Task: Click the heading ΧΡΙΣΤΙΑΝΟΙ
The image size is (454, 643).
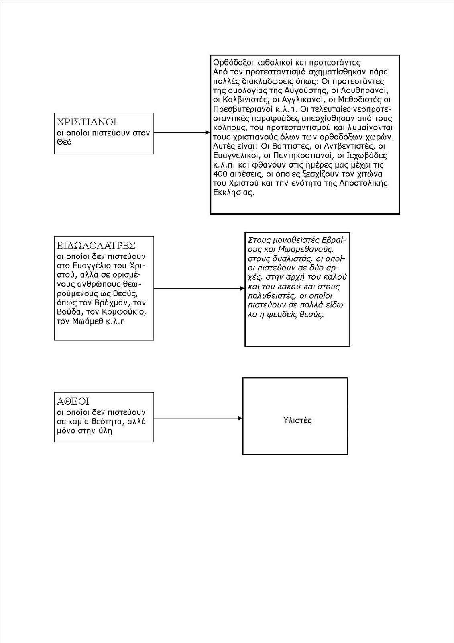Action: tap(87, 122)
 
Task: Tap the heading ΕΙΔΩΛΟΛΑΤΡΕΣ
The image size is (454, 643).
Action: tap(96, 245)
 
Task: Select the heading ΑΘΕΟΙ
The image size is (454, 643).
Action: tap(73, 401)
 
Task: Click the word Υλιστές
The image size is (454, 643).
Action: tap(297, 421)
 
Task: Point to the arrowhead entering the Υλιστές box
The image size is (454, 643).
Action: tap(240, 418)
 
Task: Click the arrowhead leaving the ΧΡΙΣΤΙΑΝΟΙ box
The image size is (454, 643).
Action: tap(208, 132)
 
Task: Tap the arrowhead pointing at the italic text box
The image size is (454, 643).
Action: tap(242, 288)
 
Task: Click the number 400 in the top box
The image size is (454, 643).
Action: tap(220, 174)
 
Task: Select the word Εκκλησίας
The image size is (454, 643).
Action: tap(233, 192)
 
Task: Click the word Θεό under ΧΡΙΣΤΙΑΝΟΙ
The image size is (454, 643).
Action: tap(64, 142)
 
